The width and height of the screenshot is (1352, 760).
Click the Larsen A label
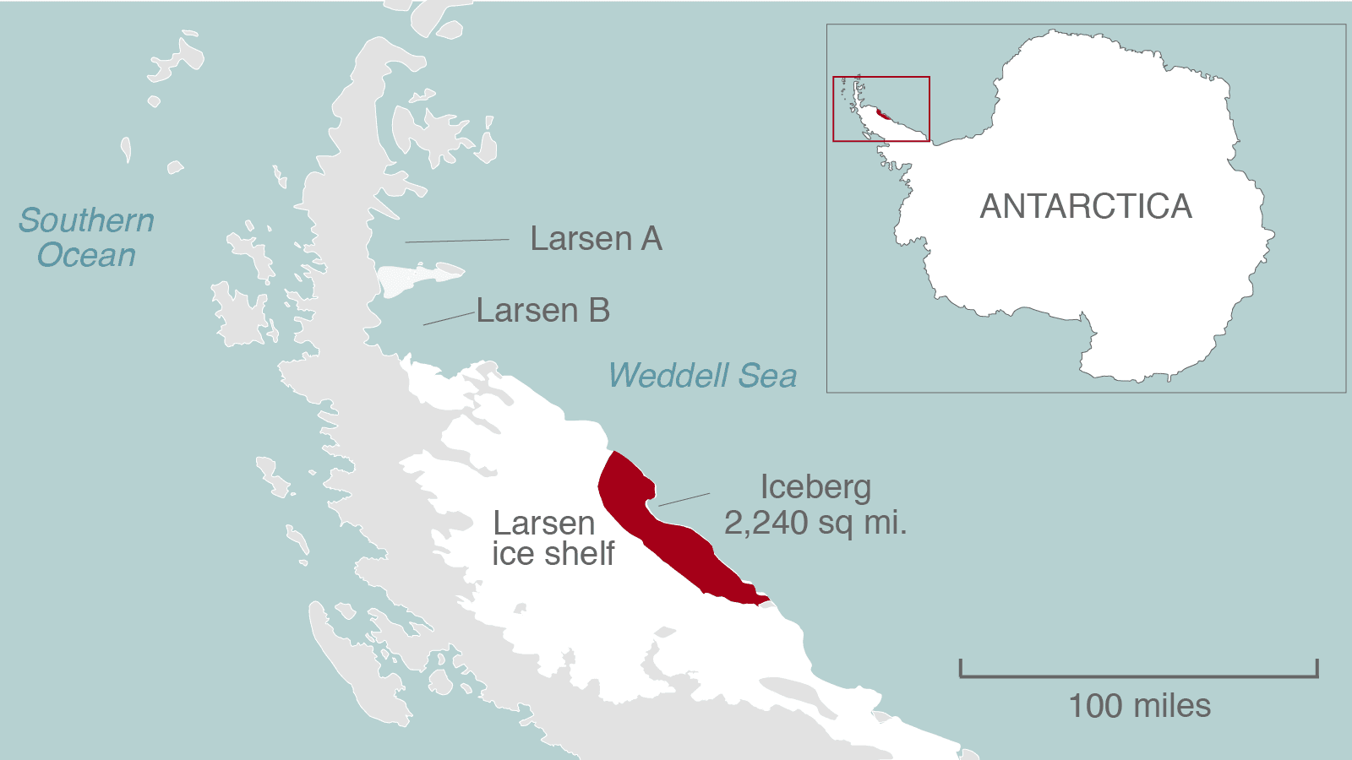click(x=596, y=239)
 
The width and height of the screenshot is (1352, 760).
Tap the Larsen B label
click(x=542, y=311)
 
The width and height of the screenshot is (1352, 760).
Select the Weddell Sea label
click(x=702, y=376)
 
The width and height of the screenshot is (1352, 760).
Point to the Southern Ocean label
click(x=86, y=237)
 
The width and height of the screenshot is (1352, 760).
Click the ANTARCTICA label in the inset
click(x=1086, y=207)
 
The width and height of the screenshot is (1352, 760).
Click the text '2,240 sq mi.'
click(x=815, y=524)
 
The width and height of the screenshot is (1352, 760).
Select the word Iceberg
click(x=815, y=487)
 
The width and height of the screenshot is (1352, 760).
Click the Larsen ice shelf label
click(x=553, y=538)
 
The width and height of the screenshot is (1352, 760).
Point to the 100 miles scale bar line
click(x=1138, y=676)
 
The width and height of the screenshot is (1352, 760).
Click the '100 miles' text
click(x=1139, y=706)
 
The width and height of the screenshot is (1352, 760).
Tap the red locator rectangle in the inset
click(x=881, y=78)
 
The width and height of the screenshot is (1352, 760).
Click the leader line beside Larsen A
click(x=456, y=241)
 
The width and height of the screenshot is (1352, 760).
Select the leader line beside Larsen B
click(x=449, y=318)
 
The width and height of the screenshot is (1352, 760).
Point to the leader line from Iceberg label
click(x=684, y=500)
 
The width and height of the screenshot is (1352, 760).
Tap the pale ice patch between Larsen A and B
click(x=414, y=277)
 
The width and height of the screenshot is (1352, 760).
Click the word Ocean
click(x=86, y=255)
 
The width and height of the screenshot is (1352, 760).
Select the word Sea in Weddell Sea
click(x=767, y=376)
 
